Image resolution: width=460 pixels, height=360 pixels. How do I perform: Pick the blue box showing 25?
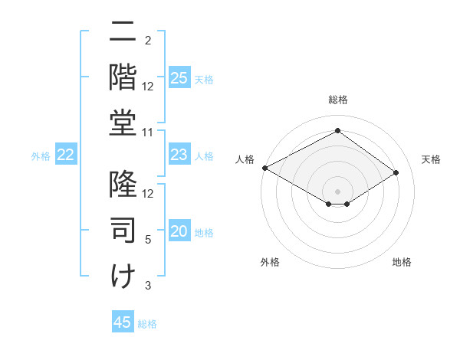coord(179,77)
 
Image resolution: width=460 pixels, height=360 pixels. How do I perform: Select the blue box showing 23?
coord(179,155)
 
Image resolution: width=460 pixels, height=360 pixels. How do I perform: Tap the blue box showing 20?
coord(179,231)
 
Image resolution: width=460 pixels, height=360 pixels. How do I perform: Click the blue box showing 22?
coord(66,155)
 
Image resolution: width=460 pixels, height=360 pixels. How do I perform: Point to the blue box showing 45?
coord(123,322)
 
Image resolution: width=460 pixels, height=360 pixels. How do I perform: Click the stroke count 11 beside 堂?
coord(149,133)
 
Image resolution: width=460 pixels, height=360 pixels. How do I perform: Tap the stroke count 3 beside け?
coord(149,286)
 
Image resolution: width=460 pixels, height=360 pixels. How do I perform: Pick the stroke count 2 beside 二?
coord(149,40)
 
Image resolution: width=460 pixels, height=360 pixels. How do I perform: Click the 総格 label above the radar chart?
coord(337,100)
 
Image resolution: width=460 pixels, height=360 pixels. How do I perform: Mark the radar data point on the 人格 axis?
coord(264,167)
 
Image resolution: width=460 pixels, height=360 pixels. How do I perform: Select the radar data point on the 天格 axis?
coord(396,172)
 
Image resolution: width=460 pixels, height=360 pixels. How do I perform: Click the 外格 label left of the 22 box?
coord(41,156)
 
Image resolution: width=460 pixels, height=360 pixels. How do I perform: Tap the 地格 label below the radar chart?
coord(402,262)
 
